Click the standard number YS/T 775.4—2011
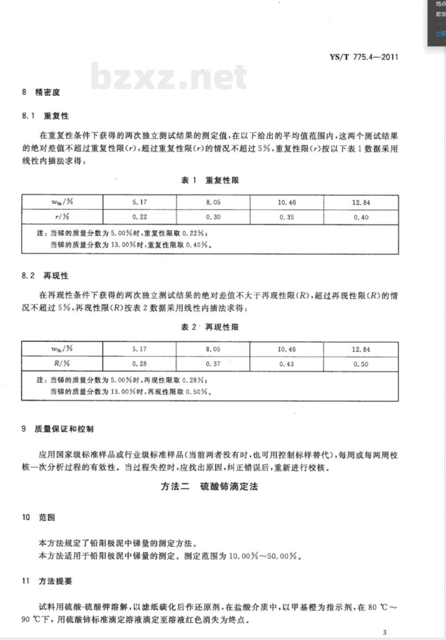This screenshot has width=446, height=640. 363,57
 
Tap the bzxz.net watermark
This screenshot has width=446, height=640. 169,76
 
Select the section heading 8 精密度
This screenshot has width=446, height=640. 41,92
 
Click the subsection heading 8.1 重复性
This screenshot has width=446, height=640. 45,116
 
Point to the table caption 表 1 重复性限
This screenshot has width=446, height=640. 210,180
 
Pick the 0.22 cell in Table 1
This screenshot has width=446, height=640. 140,217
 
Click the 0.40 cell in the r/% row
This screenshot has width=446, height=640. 361,217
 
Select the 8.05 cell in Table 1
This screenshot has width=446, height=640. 213,202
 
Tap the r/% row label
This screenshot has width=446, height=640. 62,217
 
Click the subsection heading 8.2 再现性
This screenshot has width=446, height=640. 45,276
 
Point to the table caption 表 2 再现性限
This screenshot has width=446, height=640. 210,327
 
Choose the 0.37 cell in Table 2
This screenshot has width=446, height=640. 213,364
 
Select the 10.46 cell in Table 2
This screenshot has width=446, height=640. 286,349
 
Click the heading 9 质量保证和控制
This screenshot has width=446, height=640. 58,429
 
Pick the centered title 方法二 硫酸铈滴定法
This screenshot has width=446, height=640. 209,486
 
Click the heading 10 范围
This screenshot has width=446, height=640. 38,517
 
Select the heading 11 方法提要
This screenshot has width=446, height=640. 47,581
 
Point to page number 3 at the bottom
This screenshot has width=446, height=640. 385,632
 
